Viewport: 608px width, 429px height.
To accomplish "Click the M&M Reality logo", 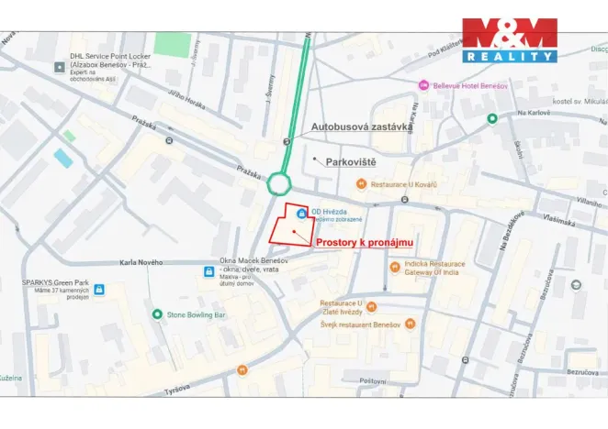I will (x=510, y=39).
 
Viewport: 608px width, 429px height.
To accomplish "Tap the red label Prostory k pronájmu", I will (x=365, y=242).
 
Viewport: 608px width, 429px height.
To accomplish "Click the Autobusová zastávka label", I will (x=359, y=126).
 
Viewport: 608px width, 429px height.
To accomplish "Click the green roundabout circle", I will (x=279, y=184).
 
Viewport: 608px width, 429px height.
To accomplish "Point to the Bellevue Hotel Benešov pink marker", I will (x=423, y=84).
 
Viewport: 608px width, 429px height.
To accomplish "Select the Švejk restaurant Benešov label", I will (x=360, y=324).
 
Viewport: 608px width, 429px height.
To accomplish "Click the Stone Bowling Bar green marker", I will (x=157, y=314).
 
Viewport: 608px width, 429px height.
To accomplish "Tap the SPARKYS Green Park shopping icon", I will (x=99, y=290).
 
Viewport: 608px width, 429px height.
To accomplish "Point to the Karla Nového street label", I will (x=141, y=262).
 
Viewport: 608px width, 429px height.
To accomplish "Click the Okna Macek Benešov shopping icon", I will (x=209, y=271).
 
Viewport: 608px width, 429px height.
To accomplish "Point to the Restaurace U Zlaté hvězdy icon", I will (x=371, y=307).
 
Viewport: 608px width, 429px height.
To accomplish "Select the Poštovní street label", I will (x=373, y=379).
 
